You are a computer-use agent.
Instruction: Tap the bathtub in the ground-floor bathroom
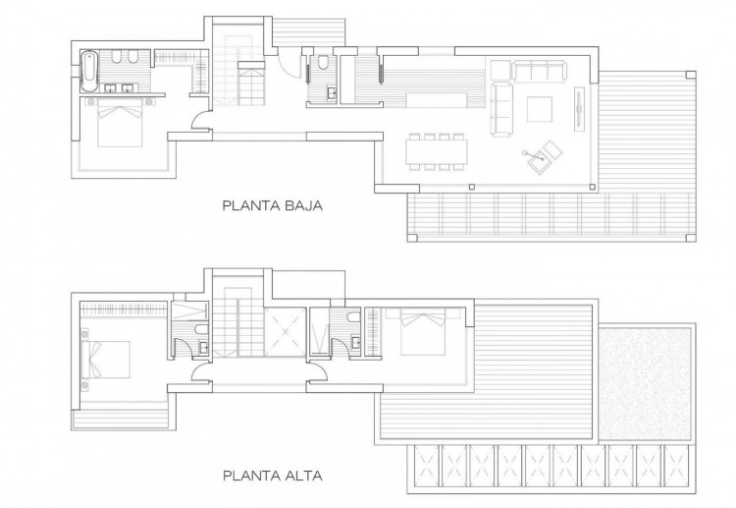point(88,72)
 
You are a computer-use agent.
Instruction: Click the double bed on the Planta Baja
point(120,123)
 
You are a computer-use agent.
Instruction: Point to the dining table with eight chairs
point(437,151)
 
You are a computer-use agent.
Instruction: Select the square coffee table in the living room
point(540,108)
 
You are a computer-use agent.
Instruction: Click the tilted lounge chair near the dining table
point(544,156)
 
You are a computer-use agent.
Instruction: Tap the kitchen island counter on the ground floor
point(437,99)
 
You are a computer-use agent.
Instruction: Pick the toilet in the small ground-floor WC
point(323,63)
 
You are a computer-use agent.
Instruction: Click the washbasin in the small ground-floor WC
point(332,93)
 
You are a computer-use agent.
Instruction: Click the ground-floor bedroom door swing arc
point(199,119)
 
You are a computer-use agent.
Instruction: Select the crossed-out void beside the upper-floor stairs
point(285,332)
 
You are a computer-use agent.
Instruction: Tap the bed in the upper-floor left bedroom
point(105,360)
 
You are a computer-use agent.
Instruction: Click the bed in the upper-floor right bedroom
point(422,334)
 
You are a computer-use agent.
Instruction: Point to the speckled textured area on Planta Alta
point(646,382)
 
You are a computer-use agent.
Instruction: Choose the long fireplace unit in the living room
point(580,109)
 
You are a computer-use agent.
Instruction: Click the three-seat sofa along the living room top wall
point(539,70)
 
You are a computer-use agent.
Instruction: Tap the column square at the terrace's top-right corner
point(691,75)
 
